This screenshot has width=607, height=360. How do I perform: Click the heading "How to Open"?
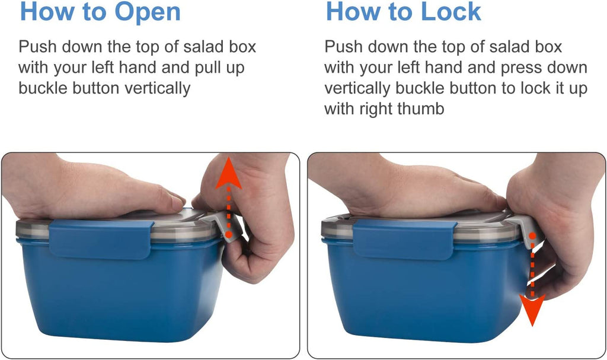click(x=100, y=12)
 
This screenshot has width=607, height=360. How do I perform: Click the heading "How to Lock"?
click(x=403, y=12)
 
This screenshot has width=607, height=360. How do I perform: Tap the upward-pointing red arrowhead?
click(x=229, y=173)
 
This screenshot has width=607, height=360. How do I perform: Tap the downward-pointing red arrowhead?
click(x=532, y=310)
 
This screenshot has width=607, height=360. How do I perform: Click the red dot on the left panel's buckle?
click(x=229, y=234)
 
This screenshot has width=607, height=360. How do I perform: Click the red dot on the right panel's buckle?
click(x=532, y=235)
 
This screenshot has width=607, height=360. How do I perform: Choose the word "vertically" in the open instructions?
click(x=158, y=89)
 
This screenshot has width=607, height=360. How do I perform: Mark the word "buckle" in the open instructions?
click(x=43, y=88)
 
